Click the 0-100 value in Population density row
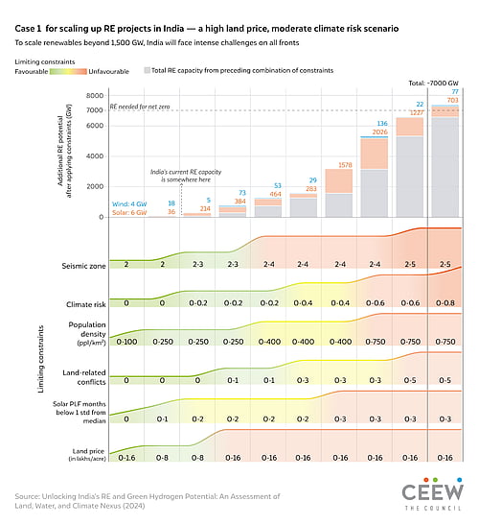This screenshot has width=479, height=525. click(x=127, y=341)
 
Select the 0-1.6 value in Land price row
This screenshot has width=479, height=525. click(x=127, y=458)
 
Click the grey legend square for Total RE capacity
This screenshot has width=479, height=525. click(x=146, y=71)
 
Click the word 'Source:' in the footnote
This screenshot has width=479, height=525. click(x=30, y=495)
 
